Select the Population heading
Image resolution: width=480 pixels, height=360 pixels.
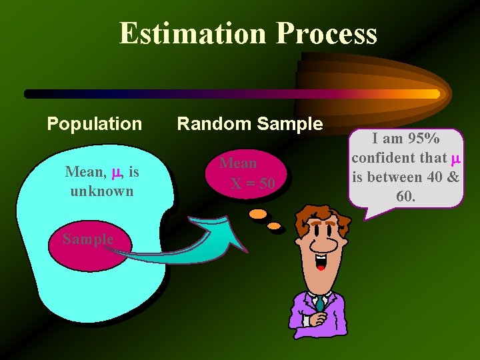(94, 124)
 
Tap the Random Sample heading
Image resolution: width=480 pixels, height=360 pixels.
(249, 124)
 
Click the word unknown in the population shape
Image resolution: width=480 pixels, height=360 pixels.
(101, 191)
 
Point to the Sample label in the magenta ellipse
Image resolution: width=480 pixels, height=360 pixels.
(88, 239)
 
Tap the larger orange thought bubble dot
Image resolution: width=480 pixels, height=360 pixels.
(257, 215)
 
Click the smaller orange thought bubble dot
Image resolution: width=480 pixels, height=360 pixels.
(275, 227)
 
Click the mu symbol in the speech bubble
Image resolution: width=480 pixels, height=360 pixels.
(455, 159)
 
